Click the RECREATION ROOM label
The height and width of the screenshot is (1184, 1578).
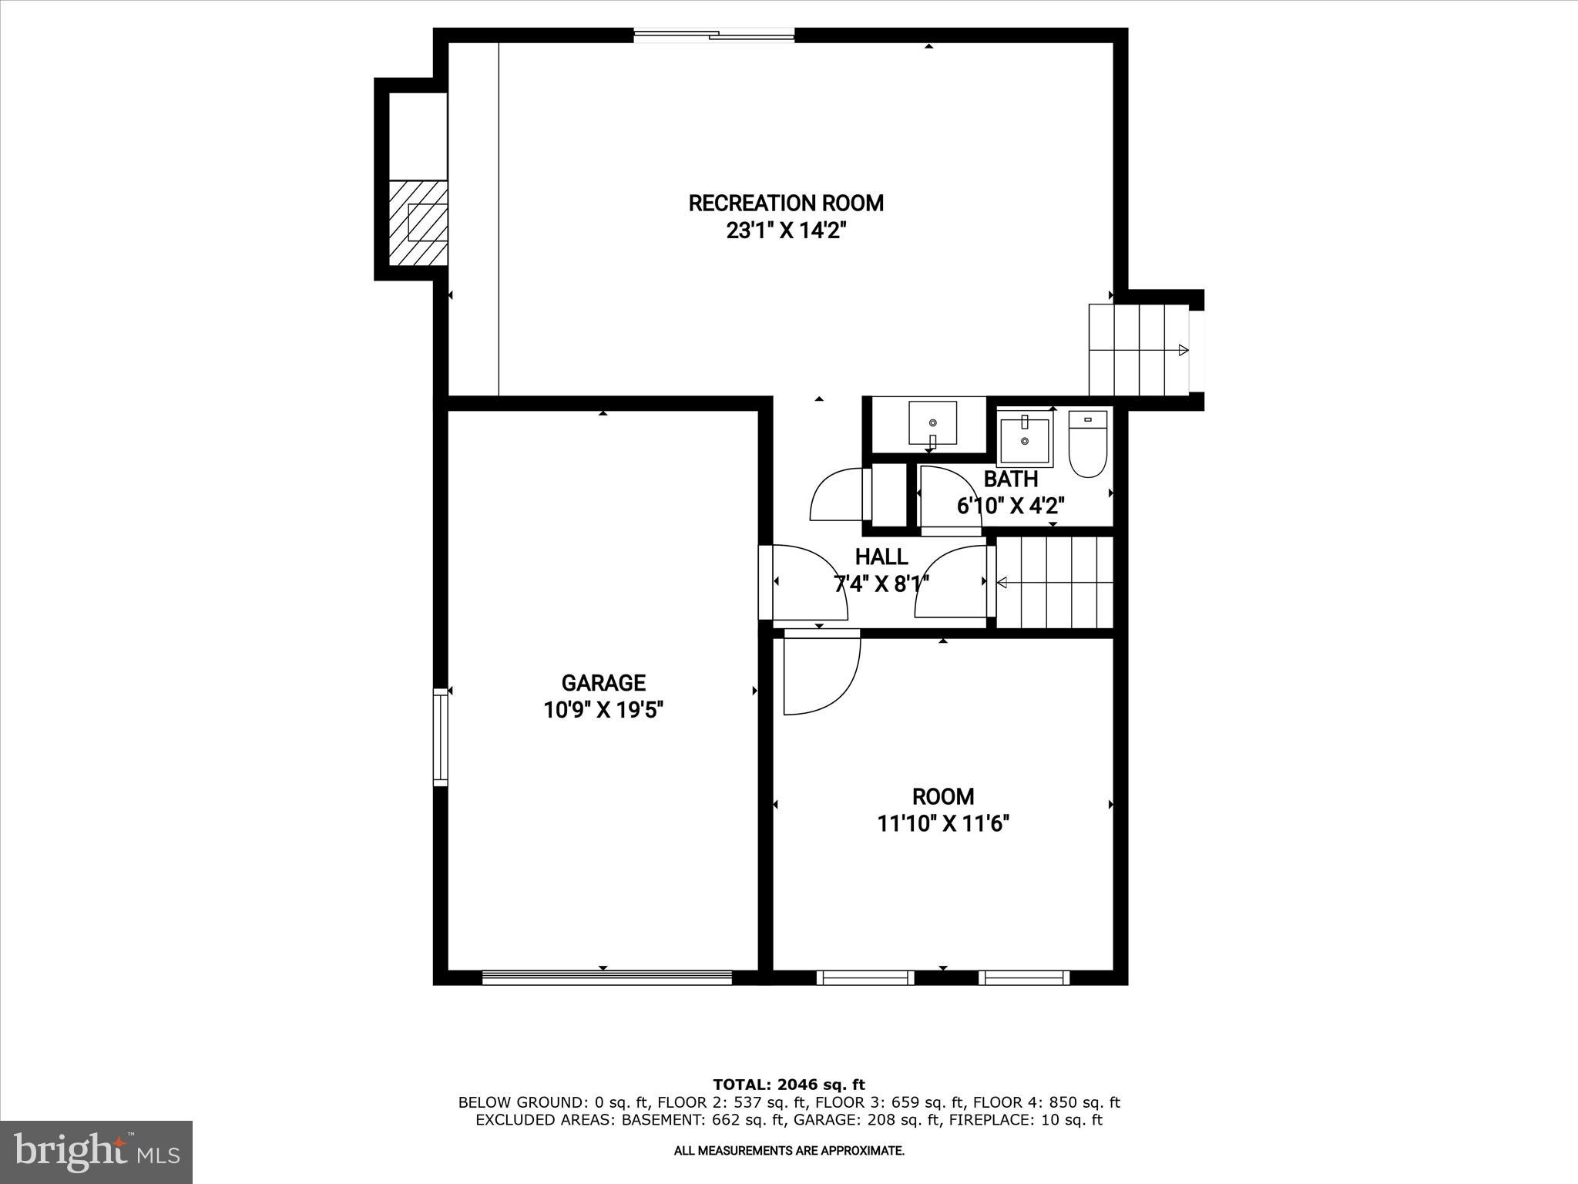point(785,203)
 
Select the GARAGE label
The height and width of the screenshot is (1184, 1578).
point(603,683)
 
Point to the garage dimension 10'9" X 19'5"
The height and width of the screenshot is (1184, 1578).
point(603,710)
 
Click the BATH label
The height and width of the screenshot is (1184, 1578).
point(1010,479)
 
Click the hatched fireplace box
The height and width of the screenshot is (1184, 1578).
point(418,223)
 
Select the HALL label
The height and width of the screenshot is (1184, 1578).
point(881,557)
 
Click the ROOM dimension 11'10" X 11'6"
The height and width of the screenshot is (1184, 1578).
point(942,824)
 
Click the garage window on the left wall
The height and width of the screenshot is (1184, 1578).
point(440,736)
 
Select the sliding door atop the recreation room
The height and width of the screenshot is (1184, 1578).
point(713,34)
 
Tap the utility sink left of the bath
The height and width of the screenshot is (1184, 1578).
point(932,423)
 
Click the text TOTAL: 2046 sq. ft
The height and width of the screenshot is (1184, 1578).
point(788,1085)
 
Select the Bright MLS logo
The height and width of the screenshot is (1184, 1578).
point(96,1152)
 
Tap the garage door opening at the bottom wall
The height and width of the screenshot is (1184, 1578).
point(606,977)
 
